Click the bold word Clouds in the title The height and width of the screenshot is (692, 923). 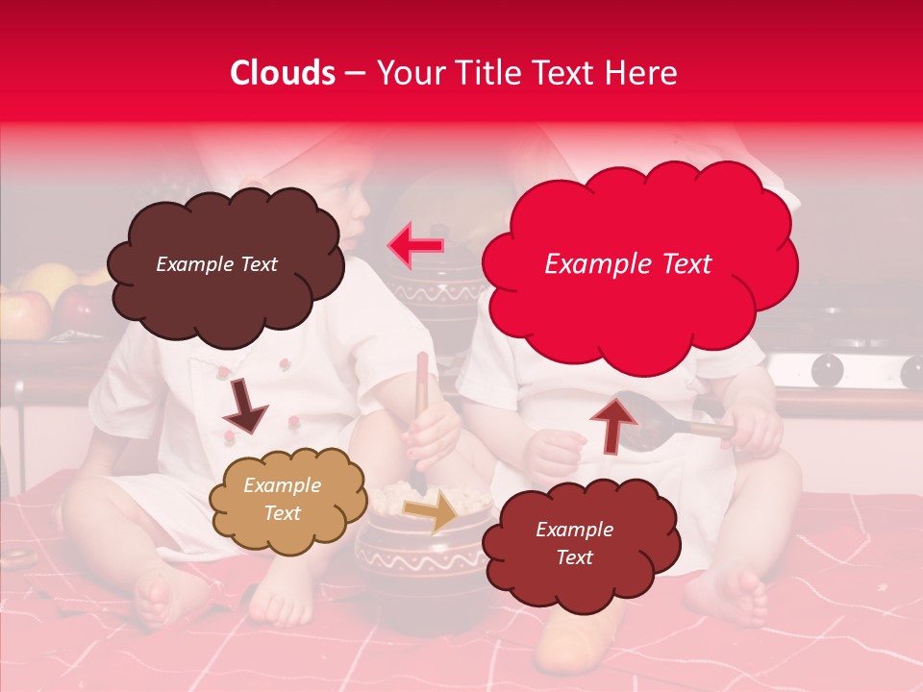click(x=283, y=73)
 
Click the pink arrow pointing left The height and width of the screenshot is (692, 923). click(x=415, y=246)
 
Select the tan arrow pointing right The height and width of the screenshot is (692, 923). click(x=431, y=509)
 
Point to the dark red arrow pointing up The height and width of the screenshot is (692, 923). click(x=613, y=424)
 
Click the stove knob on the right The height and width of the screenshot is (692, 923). click(x=827, y=370)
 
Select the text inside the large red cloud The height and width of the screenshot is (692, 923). click(x=628, y=264)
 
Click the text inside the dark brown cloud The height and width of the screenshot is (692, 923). click(x=216, y=264)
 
